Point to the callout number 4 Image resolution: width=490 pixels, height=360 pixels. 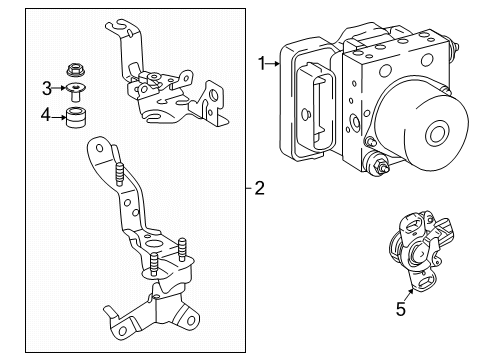coord(46,117)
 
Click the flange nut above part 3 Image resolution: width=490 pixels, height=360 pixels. coord(74,70)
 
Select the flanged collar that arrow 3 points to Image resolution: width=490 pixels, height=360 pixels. coord(74,95)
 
